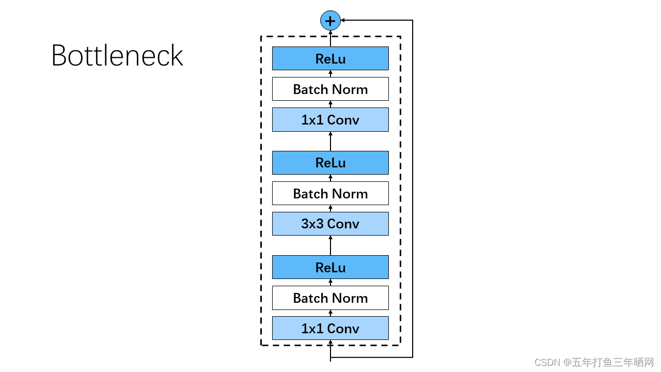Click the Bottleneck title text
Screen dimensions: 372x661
[117, 56]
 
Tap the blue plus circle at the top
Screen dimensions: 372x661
[330, 21]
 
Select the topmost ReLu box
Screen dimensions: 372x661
[330, 58]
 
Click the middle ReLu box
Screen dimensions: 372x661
[330, 163]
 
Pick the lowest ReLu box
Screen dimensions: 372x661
[330, 267]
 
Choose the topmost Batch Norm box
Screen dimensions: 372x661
[330, 89]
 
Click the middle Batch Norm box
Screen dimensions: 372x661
[330, 193]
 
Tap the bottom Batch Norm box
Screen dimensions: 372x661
[330, 298]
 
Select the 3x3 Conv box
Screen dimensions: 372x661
[330, 224]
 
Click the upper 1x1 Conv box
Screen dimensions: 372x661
[330, 119]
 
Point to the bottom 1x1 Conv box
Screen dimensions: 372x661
[330, 328]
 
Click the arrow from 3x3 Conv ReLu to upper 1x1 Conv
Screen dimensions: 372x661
[330, 141]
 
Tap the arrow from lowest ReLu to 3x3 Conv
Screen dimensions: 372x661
[330, 245]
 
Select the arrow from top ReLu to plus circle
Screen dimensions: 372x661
[330, 39]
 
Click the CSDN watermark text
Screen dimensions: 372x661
[594, 362]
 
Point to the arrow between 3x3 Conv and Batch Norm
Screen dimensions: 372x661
[330, 208]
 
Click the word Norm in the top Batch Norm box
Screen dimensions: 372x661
[350, 89]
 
